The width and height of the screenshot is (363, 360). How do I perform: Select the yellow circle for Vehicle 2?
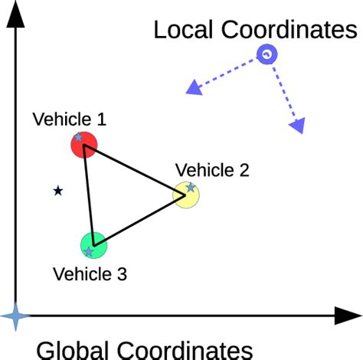pos(186,195)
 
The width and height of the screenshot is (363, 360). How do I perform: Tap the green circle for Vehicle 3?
pos(93,245)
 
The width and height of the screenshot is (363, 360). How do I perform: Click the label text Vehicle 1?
pos(69,119)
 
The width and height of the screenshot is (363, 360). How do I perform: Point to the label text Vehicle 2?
pos(212,170)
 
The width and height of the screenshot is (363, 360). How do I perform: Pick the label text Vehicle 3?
pos(90,273)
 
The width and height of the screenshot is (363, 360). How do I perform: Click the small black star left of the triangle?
pos(57,191)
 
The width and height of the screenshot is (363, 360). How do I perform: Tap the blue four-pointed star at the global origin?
pos(15,315)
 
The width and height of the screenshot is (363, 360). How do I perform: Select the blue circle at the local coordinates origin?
pos(266,54)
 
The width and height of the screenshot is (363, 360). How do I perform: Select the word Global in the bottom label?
pos(73,349)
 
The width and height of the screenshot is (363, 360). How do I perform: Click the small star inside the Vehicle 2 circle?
pos(190,187)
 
